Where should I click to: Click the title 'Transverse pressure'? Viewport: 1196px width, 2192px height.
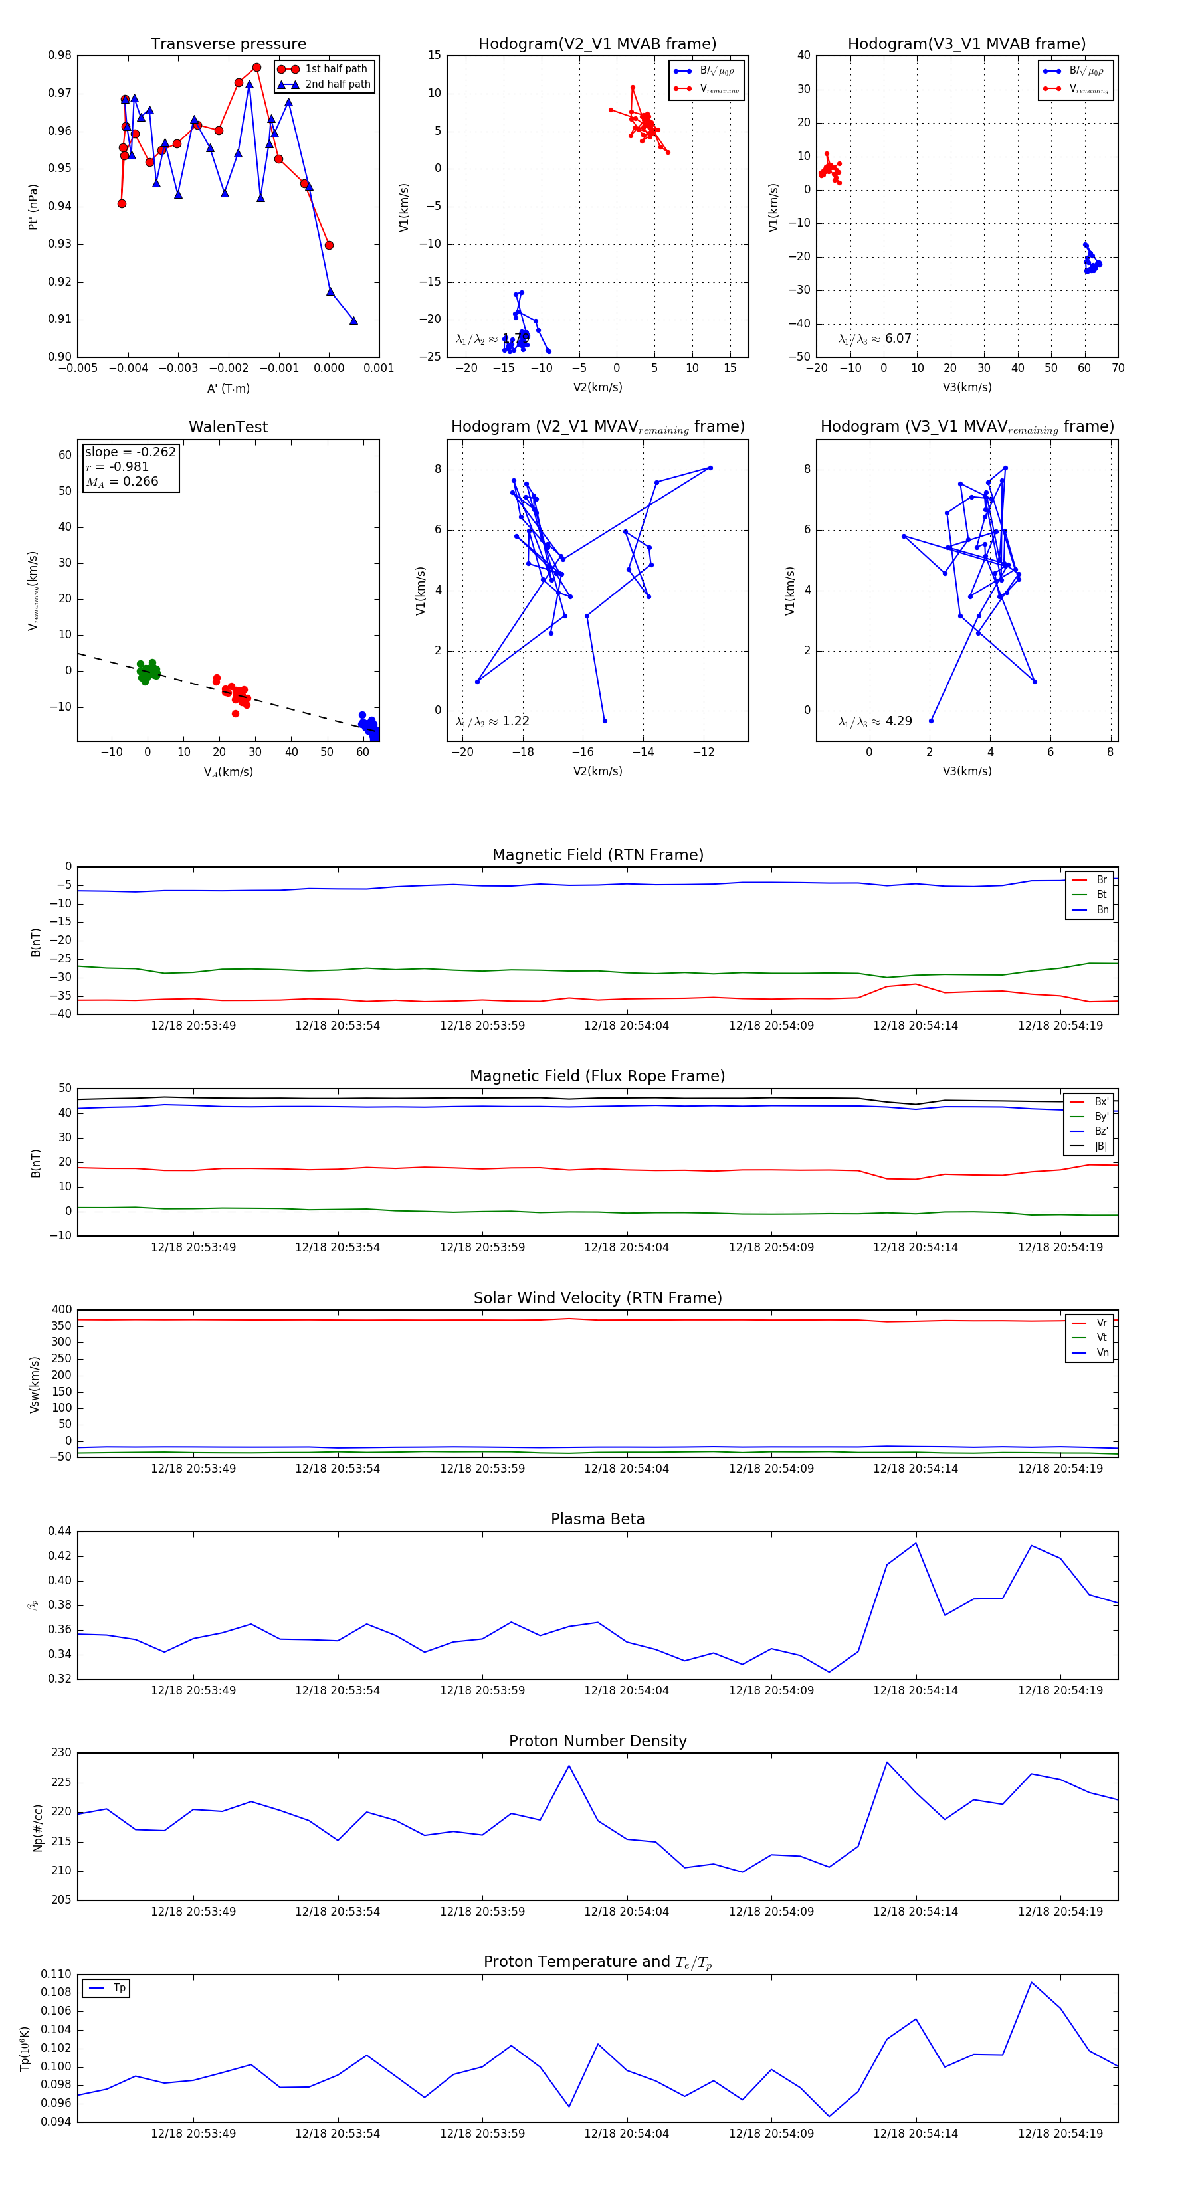[x=228, y=45]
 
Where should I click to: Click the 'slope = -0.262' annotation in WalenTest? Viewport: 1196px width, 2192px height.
[x=130, y=452]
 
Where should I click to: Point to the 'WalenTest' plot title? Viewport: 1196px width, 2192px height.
[x=228, y=427]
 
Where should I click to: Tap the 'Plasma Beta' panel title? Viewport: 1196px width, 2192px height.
[x=597, y=1519]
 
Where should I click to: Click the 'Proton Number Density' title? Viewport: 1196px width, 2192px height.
[x=597, y=1741]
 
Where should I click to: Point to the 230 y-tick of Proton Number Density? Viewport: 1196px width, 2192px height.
[x=61, y=1753]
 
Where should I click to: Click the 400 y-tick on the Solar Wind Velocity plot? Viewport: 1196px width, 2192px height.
[x=61, y=1310]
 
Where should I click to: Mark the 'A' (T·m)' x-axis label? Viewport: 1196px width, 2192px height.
[x=228, y=388]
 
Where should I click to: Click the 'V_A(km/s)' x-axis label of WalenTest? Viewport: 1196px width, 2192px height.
[x=228, y=772]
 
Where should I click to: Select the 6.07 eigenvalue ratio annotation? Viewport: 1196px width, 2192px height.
[x=898, y=339]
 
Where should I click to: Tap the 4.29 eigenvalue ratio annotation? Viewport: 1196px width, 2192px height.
[x=898, y=721]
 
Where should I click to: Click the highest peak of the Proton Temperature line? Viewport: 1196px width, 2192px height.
[x=1032, y=1983]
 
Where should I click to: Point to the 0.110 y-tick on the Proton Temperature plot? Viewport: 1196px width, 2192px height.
[x=56, y=1974]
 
